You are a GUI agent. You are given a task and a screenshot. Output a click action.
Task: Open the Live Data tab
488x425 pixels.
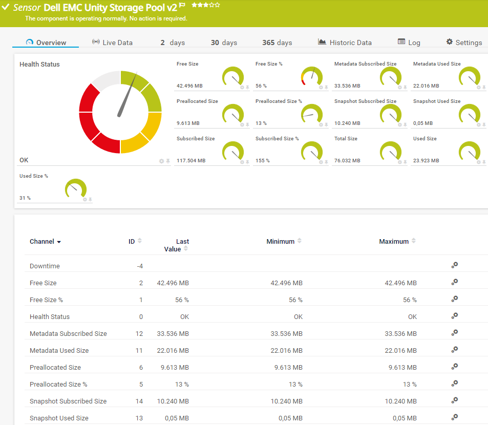(112, 42)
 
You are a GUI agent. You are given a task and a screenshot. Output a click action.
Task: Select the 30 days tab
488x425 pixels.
(224, 42)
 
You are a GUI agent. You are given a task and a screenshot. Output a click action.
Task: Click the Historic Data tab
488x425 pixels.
(345, 42)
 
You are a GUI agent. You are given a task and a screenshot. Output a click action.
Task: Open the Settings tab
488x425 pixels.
(464, 42)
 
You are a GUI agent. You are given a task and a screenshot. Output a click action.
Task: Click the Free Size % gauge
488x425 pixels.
(312, 77)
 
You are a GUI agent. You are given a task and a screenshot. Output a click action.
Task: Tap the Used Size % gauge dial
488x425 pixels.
(76, 188)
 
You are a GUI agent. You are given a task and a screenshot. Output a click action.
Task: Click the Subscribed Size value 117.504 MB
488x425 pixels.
(191, 161)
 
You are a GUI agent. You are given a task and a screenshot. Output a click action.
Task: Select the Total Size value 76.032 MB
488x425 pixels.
(347, 161)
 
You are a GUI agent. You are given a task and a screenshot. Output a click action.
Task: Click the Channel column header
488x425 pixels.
(45, 242)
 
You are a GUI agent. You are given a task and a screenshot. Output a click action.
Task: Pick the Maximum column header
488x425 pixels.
(394, 242)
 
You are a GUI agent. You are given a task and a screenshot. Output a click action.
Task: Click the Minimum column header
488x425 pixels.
(281, 242)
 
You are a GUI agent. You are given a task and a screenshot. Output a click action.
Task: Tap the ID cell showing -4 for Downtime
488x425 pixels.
(140, 266)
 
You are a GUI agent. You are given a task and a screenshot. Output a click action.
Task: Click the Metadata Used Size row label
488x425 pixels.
(59, 351)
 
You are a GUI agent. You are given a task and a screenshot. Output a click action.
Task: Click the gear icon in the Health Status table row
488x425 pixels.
(454, 316)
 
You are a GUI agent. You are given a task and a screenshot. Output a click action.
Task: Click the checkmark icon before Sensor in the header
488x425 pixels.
(6, 7)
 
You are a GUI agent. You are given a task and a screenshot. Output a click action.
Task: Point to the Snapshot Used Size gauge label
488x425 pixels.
(437, 101)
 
